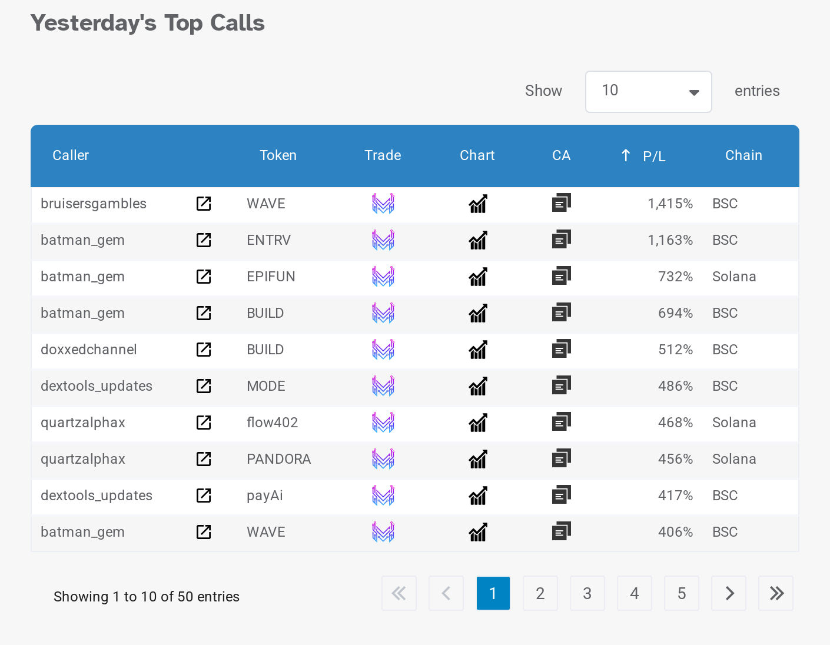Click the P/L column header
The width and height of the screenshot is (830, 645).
(x=653, y=156)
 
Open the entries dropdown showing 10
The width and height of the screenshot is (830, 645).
(x=648, y=92)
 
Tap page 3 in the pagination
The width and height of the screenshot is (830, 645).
(x=587, y=593)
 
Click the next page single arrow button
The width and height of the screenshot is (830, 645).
(x=729, y=593)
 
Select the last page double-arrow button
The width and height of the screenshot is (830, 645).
(x=776, y=593)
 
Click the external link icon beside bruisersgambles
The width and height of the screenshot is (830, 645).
(x=204, y=204)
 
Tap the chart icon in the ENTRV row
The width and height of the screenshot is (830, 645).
(x=478, y=240)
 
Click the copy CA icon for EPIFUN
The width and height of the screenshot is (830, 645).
(x=561, y=276)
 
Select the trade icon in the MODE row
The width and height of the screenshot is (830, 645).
(x=383, y=386)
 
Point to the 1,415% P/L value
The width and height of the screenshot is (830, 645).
(x=670, y=204)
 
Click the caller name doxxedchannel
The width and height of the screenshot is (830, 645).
(x=89, y=350)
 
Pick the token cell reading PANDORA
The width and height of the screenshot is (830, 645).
(x=278, y=459)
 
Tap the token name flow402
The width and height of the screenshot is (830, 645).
(x=272, y=423)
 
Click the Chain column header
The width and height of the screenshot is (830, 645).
(x=743, y=155)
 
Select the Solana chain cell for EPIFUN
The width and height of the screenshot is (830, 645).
(x=734, y=277)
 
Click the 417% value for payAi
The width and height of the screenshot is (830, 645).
(x=675, y=496)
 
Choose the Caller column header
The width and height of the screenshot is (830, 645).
(x=71, y=155)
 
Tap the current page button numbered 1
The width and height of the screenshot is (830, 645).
(x=493, y=593)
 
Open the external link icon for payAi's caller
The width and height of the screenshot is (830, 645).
(x=204, y=496)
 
